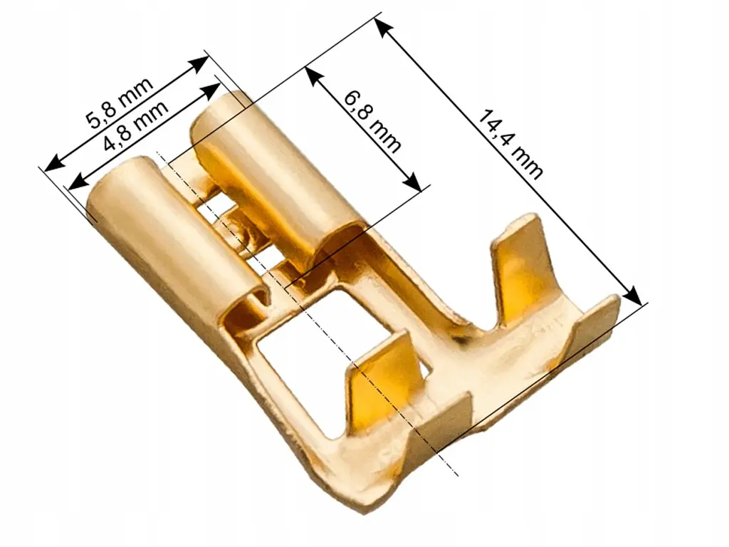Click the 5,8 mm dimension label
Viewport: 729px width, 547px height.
coord(120,103)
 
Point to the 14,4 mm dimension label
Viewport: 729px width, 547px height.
coord(510,144)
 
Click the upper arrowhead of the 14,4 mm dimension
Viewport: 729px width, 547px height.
coord(383,28)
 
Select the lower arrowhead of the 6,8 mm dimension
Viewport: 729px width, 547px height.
coord(413,182)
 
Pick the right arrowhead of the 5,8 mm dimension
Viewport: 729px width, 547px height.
coord(199,63)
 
